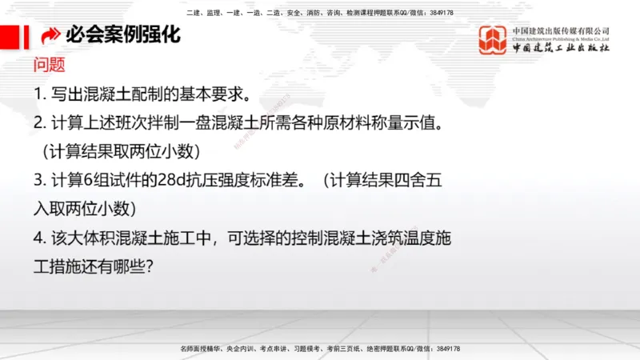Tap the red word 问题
50,65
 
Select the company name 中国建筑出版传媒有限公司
561,30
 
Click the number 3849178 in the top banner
441,13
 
